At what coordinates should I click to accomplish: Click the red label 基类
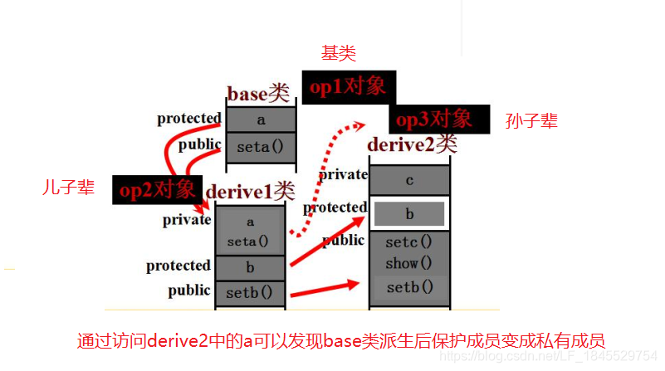339,54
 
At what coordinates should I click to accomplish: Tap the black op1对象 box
348,87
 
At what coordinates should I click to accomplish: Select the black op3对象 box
433,119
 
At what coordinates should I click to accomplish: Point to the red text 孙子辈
531,121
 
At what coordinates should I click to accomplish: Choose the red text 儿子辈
68,188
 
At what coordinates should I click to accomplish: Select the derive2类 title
413,144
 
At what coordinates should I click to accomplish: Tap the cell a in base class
261,120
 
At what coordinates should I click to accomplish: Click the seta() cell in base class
261,147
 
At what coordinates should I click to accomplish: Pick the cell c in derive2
410,180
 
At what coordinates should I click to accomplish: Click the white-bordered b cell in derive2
410,214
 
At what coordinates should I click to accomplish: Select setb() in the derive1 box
250,293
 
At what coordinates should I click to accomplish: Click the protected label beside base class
189,118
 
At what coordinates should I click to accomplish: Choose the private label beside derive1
187,220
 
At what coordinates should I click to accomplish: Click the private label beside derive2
343,174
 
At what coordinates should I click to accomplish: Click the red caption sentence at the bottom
340,339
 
